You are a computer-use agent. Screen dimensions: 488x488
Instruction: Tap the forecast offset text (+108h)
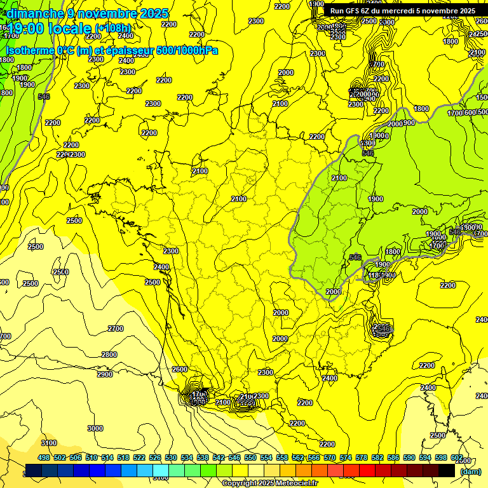[113, 28]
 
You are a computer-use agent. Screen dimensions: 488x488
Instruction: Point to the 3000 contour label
[95, 428]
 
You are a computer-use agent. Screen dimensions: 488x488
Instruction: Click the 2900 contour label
[104, 374]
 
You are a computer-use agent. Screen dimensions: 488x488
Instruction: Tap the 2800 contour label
[109, 354]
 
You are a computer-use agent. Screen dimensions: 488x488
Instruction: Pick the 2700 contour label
[116, 329]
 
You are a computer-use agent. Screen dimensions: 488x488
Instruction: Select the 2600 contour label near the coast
[180, 369]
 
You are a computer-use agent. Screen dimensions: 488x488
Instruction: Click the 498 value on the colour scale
[44, 458]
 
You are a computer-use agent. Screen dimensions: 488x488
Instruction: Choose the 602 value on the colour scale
[457, 458]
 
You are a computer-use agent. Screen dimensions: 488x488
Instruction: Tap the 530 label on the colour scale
[171, 458]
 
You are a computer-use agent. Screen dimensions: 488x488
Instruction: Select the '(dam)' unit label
[470, 472]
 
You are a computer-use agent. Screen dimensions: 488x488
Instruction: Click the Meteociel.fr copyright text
[269, 483]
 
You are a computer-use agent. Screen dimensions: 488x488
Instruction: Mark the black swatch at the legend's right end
[447, 470]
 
